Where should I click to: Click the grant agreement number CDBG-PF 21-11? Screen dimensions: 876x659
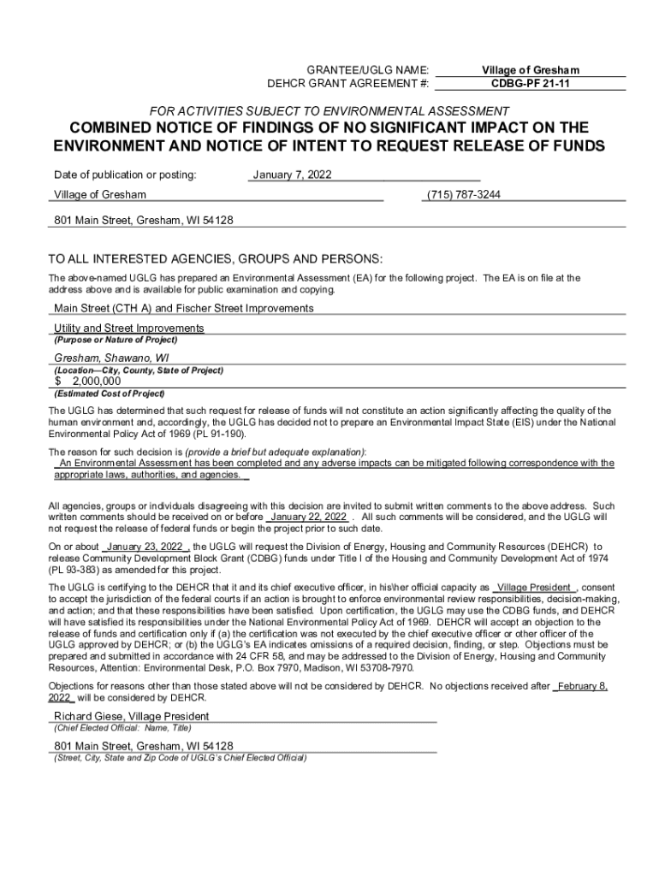click(530, 84)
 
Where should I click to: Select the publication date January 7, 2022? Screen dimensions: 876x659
click(292, 175)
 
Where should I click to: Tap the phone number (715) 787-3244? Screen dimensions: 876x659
click(463, 195)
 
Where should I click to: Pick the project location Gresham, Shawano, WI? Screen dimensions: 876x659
click(111, 357)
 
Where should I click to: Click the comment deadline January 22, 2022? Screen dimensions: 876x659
click(308, 518)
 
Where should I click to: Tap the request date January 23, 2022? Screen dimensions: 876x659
click(144, 547)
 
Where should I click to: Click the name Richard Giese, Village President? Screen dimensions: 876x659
click(132, 716)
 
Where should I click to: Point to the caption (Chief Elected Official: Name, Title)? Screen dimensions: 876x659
click(123, 729)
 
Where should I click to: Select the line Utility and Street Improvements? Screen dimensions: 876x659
click(129, 328)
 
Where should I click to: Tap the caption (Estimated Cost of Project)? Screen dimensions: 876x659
click(109, 394)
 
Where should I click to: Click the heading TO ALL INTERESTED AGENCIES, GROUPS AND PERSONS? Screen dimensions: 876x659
click(216, 260)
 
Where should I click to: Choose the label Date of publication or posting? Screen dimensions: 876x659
click(125, 175)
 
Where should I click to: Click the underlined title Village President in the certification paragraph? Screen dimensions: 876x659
click(535, 588)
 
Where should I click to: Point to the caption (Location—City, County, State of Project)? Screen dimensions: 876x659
click(139, 370)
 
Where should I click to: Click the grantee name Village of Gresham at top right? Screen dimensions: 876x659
click(530, 69)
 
